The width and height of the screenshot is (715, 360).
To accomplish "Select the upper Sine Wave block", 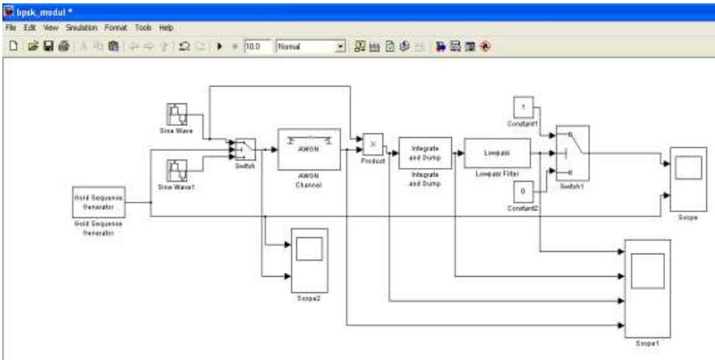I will tap(178, 114).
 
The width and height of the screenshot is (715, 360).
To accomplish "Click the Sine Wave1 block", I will tap(178, 170).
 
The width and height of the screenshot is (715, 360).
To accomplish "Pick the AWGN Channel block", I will tap(309, 149).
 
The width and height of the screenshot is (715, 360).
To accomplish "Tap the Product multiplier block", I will tap(373, 144).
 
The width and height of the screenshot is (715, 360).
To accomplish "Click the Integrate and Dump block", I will tap(424, 153).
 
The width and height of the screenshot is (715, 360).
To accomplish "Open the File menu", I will tap(11, 27).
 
